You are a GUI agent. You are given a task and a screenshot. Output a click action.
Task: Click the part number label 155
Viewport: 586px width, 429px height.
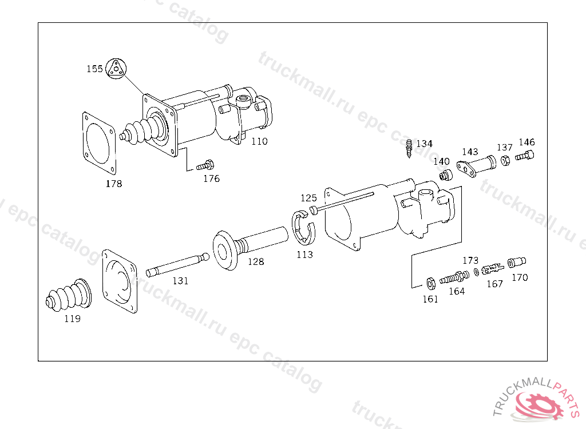click(x=94, y=69)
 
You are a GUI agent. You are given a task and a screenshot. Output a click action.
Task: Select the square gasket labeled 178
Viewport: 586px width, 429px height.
click(x=98, y=142)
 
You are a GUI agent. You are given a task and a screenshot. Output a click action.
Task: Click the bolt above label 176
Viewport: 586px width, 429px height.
click(x=204, y=166)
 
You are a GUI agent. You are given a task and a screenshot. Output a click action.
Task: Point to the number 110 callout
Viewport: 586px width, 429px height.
click(x=259, y=141)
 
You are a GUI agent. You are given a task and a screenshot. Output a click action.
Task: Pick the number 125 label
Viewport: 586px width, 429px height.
click(x=308, y=198)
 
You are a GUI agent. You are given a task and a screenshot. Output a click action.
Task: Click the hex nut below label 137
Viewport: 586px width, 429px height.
click(x=505, y=161)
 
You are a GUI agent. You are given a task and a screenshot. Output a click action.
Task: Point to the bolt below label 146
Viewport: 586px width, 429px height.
click(x=525, y=156)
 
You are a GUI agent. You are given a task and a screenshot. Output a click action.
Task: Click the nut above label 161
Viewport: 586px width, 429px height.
click(x=430, y=282)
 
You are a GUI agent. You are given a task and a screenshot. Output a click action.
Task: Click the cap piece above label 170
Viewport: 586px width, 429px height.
click(x=517, y=263)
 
